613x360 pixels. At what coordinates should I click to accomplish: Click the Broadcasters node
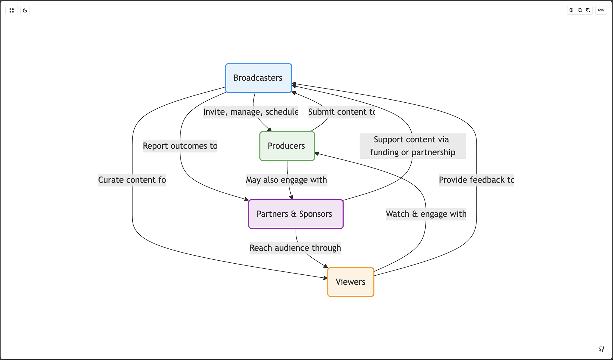pos(258,78)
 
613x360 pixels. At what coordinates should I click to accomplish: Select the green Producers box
pos(287,146)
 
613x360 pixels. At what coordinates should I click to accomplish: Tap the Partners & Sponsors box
pos(295,214)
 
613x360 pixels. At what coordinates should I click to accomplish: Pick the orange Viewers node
pos(350,282)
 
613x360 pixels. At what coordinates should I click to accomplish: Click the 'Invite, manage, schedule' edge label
pos(250,112)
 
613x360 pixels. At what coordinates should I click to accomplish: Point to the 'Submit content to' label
pos(341,112)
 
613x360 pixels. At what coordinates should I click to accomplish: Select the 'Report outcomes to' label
pos(180,146)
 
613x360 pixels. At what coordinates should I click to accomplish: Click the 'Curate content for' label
pos(132,180)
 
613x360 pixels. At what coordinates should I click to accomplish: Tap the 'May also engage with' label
pos(286,180)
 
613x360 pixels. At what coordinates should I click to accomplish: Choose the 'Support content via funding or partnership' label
pos(412,146)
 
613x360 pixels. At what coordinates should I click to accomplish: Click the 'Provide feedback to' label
pos(476,180)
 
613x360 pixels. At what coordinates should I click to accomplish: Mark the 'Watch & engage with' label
pos(426,214)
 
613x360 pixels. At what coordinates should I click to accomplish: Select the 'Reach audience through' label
pos(295,248)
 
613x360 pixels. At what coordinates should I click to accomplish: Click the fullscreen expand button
pos(12,10)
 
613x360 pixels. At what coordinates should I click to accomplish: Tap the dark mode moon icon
pos(25,10)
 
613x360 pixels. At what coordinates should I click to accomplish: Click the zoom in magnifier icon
pos(571,10)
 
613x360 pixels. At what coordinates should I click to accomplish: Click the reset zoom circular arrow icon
pos(588,10)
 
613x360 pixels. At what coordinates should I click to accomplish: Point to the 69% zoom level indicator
pos(601,10)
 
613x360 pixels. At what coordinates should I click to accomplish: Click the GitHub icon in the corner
pos(601,349)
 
